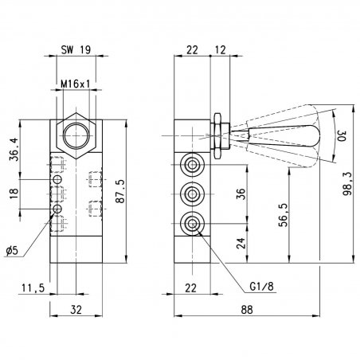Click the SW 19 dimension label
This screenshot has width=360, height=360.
[76, 49]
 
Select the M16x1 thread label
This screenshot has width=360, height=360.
[76, 84]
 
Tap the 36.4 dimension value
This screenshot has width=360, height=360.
[14, 149]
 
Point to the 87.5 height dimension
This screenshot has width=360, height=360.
[120, 191]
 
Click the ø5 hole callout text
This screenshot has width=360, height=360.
[13, 250]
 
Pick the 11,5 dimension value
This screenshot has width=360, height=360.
[33, 288]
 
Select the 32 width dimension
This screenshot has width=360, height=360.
[76, 310]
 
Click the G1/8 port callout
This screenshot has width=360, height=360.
[261, 287]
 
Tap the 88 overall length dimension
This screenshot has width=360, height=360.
[247, 310]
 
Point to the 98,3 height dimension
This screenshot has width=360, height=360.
[347, 184]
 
